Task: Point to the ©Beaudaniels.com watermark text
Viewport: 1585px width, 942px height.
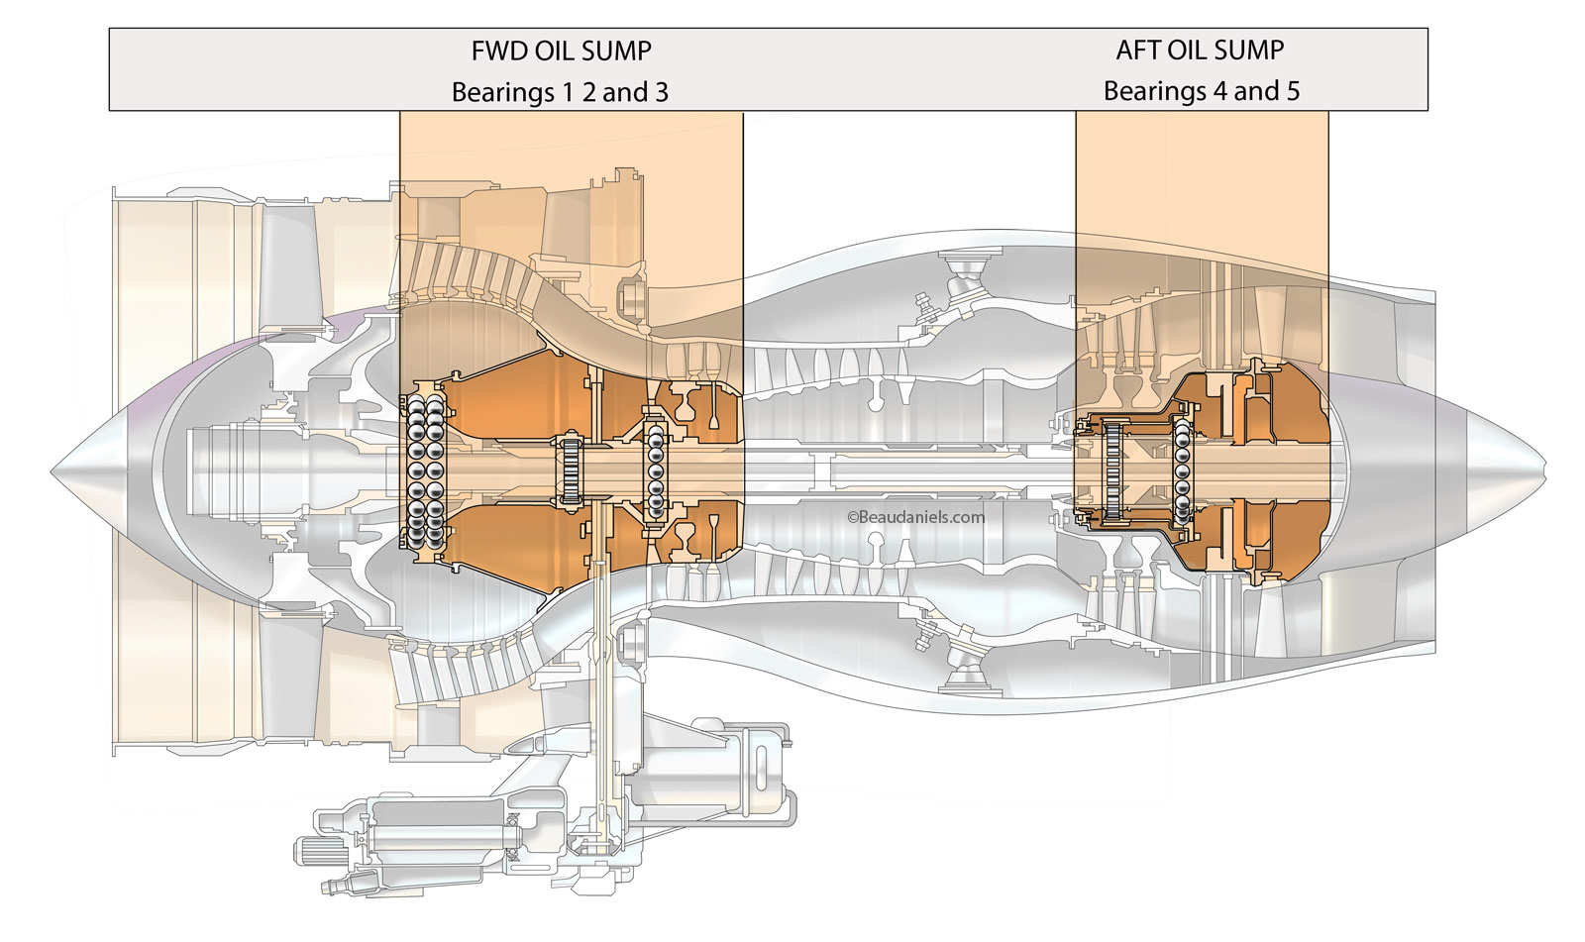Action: pyautogui.click(x=916, y=516)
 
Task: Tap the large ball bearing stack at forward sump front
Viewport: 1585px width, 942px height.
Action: pyautogui.click(x=424, y=470)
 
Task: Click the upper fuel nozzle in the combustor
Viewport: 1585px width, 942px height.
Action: pyautogui.click(x=959, y=280)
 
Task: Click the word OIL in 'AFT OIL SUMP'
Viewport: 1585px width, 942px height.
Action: pyautogui.click(x=1190, y=50)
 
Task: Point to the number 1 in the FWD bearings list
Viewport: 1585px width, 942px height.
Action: pyautogui.click(x=568, y=93)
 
